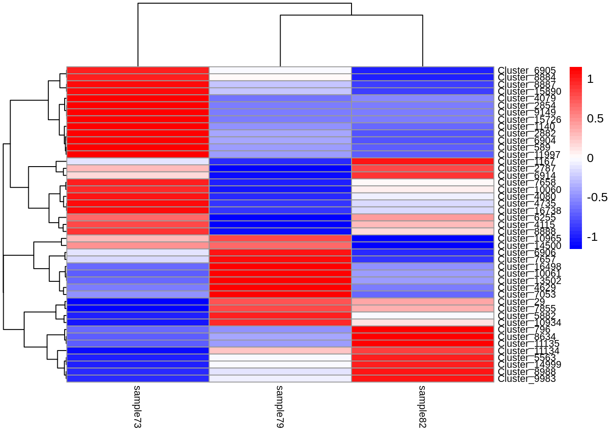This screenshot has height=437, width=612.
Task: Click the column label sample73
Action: coord(137,407)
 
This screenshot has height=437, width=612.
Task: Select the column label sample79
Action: coord(280,407)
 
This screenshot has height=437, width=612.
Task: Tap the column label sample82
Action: coord(422,407)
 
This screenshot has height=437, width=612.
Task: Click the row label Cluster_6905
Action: coord(526,71)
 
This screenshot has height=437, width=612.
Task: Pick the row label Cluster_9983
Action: coord(526,379)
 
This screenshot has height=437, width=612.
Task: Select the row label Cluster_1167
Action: coord(526,162)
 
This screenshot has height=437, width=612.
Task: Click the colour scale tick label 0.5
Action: coord(595,119)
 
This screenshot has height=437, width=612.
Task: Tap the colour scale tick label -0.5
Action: coord(597,198)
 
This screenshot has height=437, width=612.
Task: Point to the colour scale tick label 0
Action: coord(591,158)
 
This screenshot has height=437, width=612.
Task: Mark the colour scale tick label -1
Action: coord(592,237)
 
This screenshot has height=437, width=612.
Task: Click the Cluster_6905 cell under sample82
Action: coord(423,71)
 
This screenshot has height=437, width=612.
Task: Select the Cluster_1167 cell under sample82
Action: coord(423,162)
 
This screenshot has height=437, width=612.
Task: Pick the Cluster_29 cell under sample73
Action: coord(138,302)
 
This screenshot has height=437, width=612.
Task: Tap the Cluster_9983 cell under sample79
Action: coord(280,379)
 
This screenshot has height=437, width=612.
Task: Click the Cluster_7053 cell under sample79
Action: coord(280,295)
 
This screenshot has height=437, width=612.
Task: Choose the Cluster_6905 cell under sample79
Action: coord(280,71)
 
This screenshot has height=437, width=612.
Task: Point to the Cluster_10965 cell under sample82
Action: coord(423,239)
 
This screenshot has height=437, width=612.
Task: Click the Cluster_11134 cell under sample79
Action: coord(280,351)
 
